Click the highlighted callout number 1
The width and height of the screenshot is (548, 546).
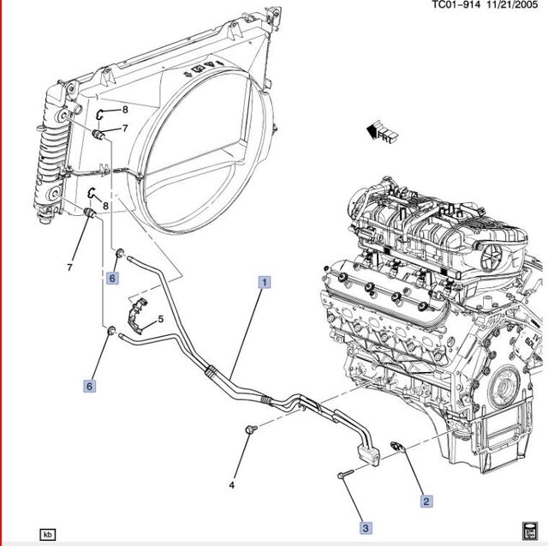[x=265, y=281]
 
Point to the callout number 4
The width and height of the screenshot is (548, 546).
[x=231, y=486]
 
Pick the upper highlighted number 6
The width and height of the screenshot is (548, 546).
[x=111, y=278]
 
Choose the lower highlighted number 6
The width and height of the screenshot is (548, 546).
[x=89, y=387]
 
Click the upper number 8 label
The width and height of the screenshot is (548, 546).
[x=124, y=110]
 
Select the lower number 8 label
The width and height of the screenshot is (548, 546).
[x=105, y=206]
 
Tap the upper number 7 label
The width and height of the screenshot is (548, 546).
[x=124, y=129]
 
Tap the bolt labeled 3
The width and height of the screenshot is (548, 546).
[x=342, y=472]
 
